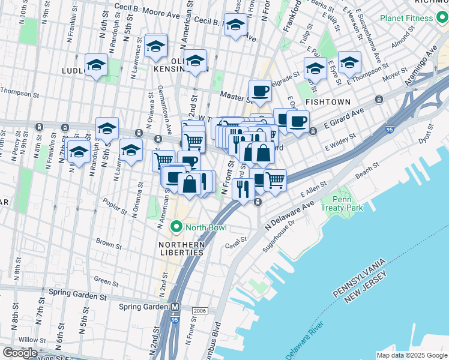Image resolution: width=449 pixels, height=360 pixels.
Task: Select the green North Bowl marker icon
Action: point(176,227)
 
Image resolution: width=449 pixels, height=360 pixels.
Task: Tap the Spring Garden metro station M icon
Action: point(175,307)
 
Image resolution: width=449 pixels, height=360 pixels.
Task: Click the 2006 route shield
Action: point(200,311)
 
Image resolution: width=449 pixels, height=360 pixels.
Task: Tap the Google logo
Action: point(20,353)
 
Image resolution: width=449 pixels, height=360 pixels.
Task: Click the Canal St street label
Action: point(236,241)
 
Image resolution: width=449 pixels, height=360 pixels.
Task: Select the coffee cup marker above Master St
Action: point(259,91)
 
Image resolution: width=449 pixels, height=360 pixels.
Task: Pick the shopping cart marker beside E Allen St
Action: point(275,179)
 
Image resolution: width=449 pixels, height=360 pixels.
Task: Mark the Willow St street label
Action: point(28,339)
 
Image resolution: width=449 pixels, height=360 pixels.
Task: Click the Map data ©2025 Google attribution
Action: point(411,355)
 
